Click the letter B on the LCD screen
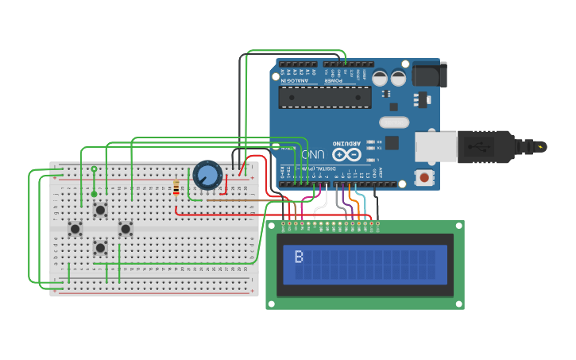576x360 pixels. (299, 257)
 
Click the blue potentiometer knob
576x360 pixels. (207, 175)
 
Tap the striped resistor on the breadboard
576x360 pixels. (176, 188)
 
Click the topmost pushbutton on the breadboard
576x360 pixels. (100, 210)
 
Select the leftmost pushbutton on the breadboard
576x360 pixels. (75, 229)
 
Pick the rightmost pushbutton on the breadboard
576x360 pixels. (126, 229)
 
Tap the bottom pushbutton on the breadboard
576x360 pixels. (100, 247)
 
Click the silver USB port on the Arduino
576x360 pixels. (435, 147)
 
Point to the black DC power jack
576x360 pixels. (429, 74)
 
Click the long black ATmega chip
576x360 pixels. (325, 97)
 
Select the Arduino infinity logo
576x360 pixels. (346, 154)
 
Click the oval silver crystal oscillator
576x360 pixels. (394, 122)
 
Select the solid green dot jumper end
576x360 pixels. (94, 194)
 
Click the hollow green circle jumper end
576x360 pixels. (94, 169)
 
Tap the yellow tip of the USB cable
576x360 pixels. (541, 147)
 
